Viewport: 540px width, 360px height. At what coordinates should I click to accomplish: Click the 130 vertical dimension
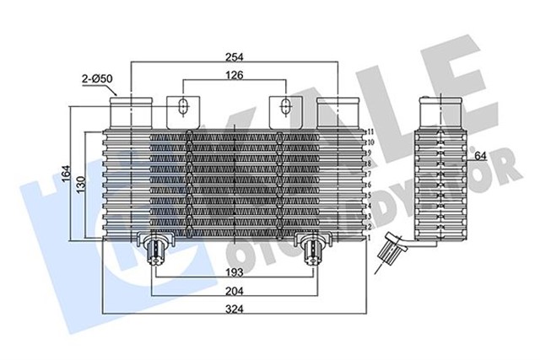click(x=81, y=183)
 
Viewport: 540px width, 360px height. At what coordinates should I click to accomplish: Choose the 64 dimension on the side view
click(x=481, y=155)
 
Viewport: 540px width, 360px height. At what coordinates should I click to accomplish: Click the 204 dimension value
click(x=235, y=293)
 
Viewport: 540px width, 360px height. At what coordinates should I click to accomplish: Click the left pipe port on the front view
click(x=131, y=113)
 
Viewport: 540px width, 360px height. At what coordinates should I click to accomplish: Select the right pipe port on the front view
click(x=337, y=113)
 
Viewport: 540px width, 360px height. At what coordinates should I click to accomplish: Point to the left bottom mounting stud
click(x=154, y=250)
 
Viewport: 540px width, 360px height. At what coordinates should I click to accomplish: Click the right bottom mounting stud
click(x=314, y=250)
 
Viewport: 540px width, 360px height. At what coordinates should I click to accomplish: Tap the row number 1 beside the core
click(x=370, y=239)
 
